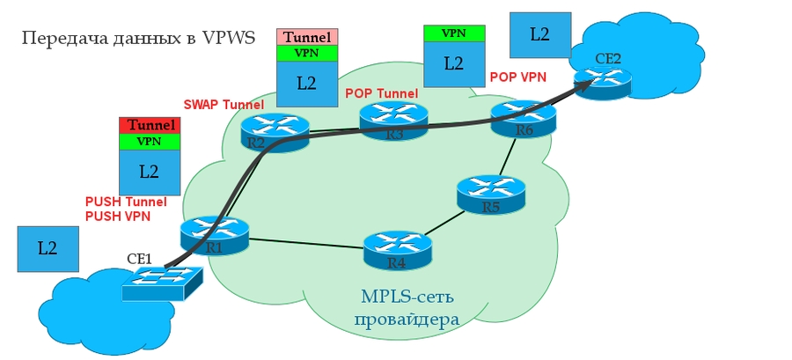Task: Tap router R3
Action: pos(393,121)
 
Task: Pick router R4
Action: pos(398,250)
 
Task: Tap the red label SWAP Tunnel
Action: pos(224,105)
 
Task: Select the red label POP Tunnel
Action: pos(380,92)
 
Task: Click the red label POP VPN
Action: pos(517,77)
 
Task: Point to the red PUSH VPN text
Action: pos(117,216)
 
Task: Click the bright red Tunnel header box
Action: pos(150,125)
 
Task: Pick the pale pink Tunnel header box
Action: pos(306,37)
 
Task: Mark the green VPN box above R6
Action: pos(453,33)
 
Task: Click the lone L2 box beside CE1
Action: pos(48,248)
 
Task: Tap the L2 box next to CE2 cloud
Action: pos(539,34)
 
